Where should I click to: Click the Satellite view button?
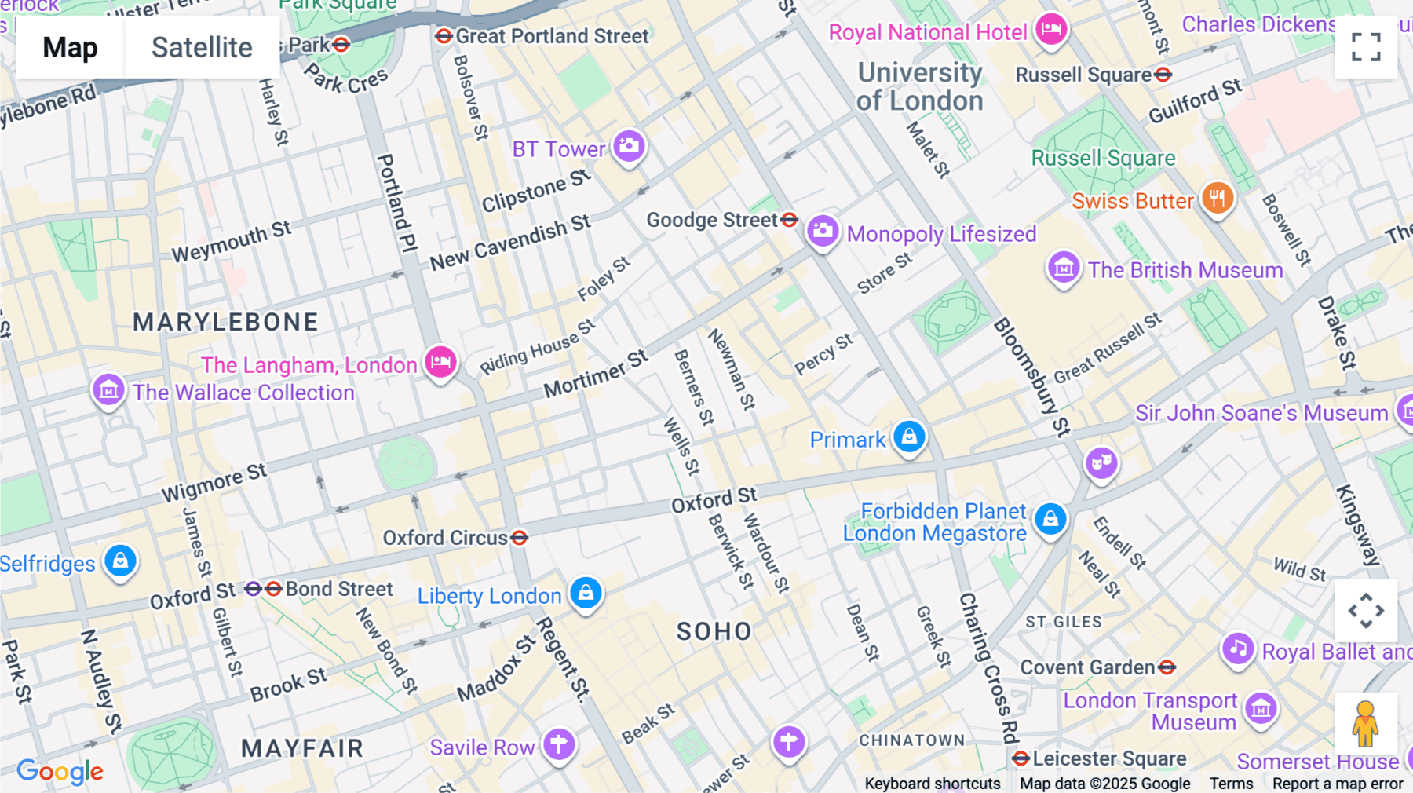point(202,47)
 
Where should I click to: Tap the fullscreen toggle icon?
point(1366,47)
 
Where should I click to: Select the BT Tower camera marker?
point(629,146)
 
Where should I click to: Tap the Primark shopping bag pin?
point(909,437)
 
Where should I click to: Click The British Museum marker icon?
point(1064,268)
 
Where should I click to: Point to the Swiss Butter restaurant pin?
point(1217,199)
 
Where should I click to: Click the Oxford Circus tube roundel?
point(520,538)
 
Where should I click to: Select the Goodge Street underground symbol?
point(790,220)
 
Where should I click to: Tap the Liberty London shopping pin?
point(586,594)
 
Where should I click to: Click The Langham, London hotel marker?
point(441,362)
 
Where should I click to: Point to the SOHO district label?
point(714,631)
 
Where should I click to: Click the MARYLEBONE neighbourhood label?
point(225,322)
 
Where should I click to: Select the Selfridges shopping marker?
point(120,561)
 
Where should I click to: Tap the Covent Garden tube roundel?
point(1167,667)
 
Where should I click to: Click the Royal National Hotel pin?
point(1051,31)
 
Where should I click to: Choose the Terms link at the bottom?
point(1231,783)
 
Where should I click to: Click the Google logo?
point(60,772)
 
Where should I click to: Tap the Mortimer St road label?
point(596,374)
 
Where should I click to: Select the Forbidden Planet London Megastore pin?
point(1050,519)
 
